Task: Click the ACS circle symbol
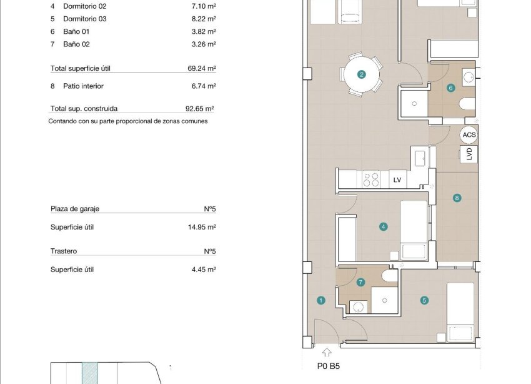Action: click(469, 134)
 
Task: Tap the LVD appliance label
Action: click(469, 154)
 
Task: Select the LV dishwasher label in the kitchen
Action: click(397, 180)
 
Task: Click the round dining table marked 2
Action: click(361, 74)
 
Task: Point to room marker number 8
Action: click(457, 198)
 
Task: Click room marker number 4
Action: click(383, 227)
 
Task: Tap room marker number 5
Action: click(424, 300)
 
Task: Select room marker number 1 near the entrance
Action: click(321, 300)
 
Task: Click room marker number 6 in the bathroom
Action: click(450, 88)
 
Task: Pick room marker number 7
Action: click(360, 282)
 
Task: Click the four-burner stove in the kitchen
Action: click(371, 180)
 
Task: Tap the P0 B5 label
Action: click(329, 368)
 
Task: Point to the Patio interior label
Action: click(83, 86)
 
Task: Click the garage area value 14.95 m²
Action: click(202, 227)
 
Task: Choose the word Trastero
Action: click(64, 251)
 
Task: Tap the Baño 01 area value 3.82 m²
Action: click(204, 31)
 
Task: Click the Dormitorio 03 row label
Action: click(85, 19)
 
